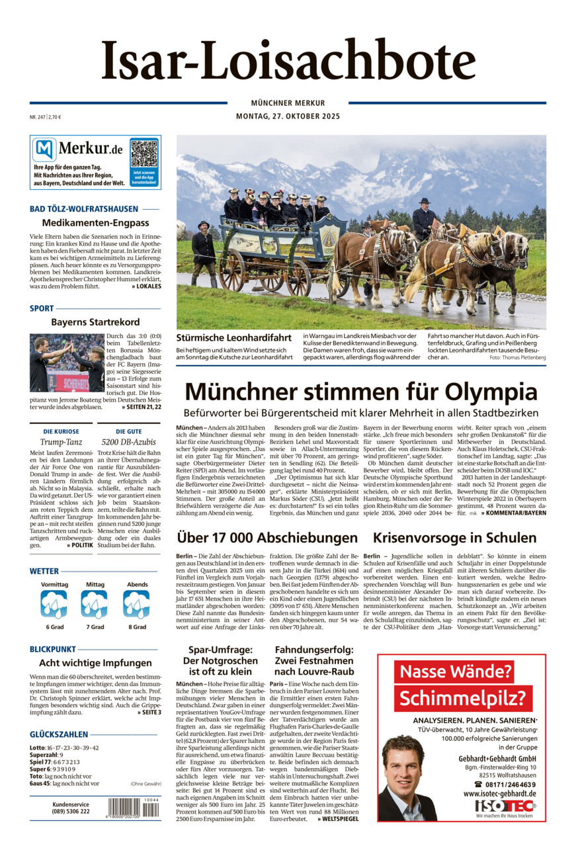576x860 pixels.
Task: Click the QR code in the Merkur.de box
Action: [x=144, y=153]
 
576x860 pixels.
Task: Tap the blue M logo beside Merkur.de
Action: [x=44, y=150]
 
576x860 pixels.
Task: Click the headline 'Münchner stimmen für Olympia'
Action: [x=360, y=391]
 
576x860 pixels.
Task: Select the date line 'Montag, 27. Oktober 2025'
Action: [x=288, y=116]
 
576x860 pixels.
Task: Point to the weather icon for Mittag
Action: [x=94, y=605]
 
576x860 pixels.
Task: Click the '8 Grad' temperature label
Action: [x=137, y=626]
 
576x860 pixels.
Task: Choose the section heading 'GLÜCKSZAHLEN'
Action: [x=59, y=734]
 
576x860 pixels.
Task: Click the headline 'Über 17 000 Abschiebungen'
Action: [x=267, y=537]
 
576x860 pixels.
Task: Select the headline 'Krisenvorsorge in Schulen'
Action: [x=454, y=537]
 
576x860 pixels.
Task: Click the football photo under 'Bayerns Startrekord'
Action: [x=67, y=363]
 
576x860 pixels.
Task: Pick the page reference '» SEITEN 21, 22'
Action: [x=141, y=407]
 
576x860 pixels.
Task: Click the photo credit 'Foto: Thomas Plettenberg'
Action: [x=518, y=357]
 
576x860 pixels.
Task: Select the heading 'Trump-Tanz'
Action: [x=60, y=441]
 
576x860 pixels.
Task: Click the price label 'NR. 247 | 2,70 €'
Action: [x=46, y=117]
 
